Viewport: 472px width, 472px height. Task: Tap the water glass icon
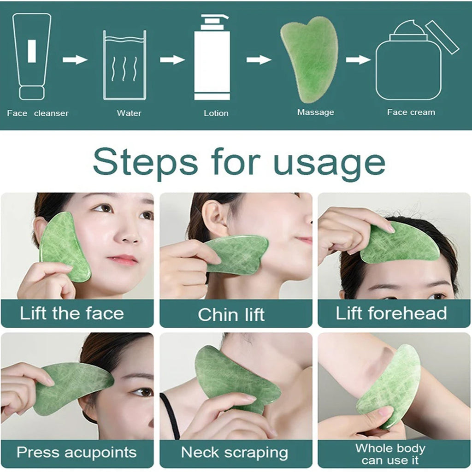(x=124, y=65)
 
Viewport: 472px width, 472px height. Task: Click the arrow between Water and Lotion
(x=172, y=59)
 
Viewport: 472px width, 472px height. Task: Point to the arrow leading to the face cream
(x=358, y=59)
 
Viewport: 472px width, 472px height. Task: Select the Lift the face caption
(x=72, y=313)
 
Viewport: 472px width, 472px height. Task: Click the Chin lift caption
(x=231, y=314)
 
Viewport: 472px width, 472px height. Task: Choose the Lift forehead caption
(x=391, y=313)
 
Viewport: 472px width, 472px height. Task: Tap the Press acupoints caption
(x=77, y=452)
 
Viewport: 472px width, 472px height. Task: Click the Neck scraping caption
(x=234, y=452)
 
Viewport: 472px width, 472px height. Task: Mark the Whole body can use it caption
(x=390, y=454)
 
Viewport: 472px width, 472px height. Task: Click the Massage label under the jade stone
(x=315, y=112)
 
